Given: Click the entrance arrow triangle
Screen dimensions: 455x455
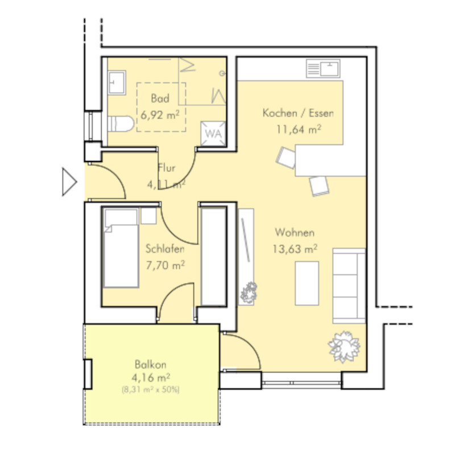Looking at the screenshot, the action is [x=69, y=182].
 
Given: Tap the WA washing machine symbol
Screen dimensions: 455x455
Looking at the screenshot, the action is [x=213, y=134].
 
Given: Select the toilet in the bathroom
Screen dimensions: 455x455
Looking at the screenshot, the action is [x=121, y=124].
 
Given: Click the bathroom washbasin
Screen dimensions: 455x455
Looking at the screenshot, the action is [x=117, y=82].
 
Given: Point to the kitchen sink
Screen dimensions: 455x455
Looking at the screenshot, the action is [x=323, y=68].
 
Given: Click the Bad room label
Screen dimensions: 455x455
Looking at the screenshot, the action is [x=160, y=98].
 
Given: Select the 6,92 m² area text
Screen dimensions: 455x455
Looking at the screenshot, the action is [x=160, y=115].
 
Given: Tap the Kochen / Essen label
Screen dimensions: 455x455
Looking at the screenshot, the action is [x=298, y=113].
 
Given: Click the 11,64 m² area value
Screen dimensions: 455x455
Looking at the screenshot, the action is [x=299, y=129].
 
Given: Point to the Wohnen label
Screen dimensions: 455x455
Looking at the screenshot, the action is [x=295, y=233].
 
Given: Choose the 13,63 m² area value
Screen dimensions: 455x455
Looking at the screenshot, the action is [x=295, y=249].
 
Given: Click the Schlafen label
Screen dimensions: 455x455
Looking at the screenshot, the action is [x=165, y=249].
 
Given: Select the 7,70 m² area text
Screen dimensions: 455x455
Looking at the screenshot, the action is [x=165, y=265].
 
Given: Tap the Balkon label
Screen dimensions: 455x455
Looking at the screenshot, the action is [x=151, y=365].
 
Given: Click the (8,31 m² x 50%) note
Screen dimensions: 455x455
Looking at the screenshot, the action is [x=151, y=390].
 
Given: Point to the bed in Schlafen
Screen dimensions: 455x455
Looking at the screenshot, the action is [x=121, y=248].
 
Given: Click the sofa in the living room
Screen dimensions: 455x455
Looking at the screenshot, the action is [x=349, y=286].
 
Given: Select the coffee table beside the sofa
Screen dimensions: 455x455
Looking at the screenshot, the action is [x=307, y=283].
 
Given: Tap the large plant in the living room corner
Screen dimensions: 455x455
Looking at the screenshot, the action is [x=344, y=347].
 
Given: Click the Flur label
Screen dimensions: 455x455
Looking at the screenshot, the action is [x=167, y=168].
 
